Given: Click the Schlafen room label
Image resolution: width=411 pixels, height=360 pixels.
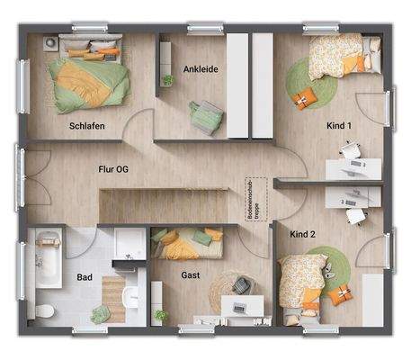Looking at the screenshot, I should click(x=87, y=127).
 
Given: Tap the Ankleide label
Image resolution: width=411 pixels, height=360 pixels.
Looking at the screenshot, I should click(x=201, y=68).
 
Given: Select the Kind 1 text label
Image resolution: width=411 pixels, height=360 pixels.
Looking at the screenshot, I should click(x=338, y=127).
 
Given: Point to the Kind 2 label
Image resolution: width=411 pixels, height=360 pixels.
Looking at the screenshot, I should click(x=303, y=235).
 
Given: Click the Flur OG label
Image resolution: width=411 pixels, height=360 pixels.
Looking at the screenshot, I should click(x=112, y=167).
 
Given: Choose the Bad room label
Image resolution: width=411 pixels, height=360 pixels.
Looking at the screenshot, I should click(x=84, y=276).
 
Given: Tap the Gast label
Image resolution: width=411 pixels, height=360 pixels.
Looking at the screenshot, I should click(x=190, y=275).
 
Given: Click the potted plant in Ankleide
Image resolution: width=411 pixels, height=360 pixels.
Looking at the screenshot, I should click(x=168, y=80).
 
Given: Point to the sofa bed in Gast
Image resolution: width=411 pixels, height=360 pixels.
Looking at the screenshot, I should click(x=188, y=243).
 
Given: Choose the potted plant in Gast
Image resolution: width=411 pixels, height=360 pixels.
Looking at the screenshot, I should click(x=161, y=316).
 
